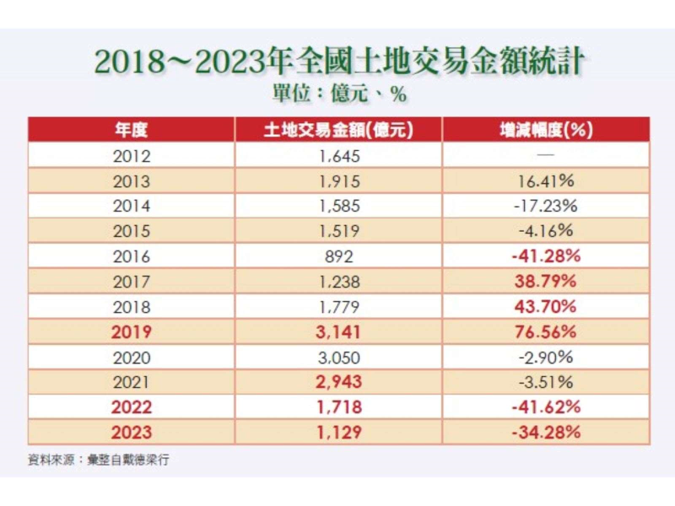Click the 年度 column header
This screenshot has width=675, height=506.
click(x=131, y=130)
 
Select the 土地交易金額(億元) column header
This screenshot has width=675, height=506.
click(x=340, y=130)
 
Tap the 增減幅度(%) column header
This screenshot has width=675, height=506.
click(x=545, y=130)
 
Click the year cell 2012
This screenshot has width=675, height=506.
click(x=131, y=155)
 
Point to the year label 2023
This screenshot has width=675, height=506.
click(x=131, y=433)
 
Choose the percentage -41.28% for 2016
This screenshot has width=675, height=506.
click(x=545, y=256)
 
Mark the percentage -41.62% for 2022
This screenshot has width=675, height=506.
click(x=545, y=407)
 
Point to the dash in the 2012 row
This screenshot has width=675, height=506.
click(x=545, y=155)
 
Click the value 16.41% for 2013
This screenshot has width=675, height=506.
click(x=545, y=180)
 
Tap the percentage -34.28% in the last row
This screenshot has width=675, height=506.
click(x=545, y=433)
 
